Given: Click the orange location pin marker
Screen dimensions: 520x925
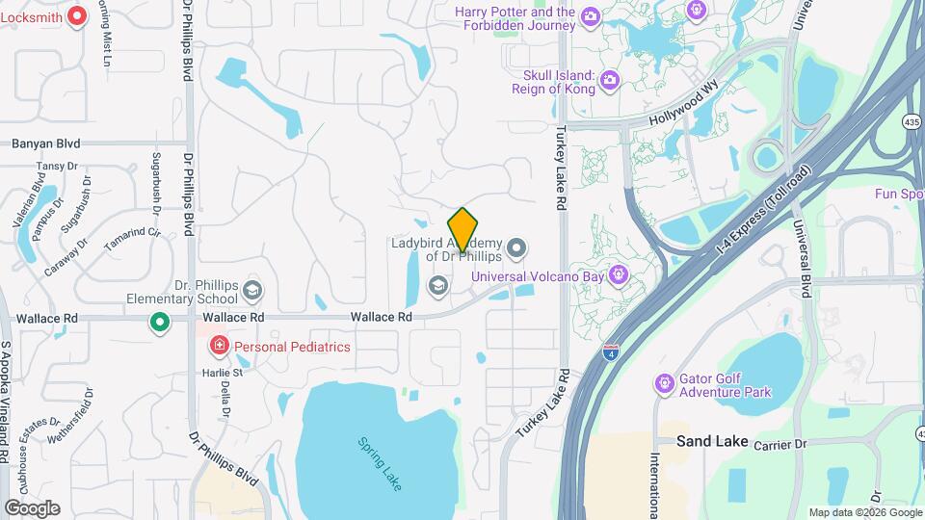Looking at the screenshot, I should (x=463, y=229).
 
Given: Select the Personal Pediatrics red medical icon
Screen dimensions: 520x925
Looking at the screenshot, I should (x=219, y=346).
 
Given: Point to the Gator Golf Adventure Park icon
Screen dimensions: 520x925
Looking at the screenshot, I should (x=664, y=384).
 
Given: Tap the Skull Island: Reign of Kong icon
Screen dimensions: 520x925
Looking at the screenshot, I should (x=609, y=80).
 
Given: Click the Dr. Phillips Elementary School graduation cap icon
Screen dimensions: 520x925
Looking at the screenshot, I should (x=252, y=290).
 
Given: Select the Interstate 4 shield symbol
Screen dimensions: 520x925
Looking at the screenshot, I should (x=610, y=351).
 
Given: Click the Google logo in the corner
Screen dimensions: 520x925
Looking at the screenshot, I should (x=32, y=507).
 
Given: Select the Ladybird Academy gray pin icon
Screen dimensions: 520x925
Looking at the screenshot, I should (x=517, y=249).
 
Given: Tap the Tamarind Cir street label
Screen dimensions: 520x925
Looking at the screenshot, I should (x=132, y=238).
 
